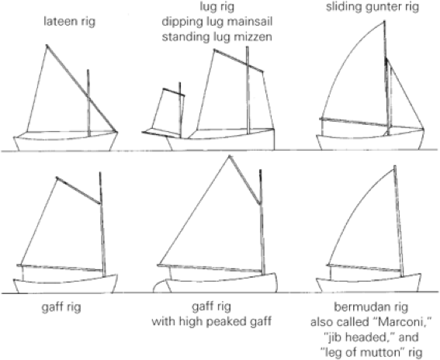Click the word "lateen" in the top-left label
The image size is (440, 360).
(61, 22)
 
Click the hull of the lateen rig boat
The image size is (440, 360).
(66, 141)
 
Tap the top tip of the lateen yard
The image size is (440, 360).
(47, 45)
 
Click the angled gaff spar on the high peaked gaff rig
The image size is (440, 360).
(244, 179)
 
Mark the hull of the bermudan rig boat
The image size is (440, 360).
(368, 283)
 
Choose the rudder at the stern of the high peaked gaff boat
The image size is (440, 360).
(161, 287)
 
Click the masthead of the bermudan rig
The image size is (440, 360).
(395, 167)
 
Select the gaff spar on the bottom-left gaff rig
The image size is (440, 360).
(78, 191)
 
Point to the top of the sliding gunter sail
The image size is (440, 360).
(384, 22)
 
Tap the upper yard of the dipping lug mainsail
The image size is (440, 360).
(238, 61)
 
